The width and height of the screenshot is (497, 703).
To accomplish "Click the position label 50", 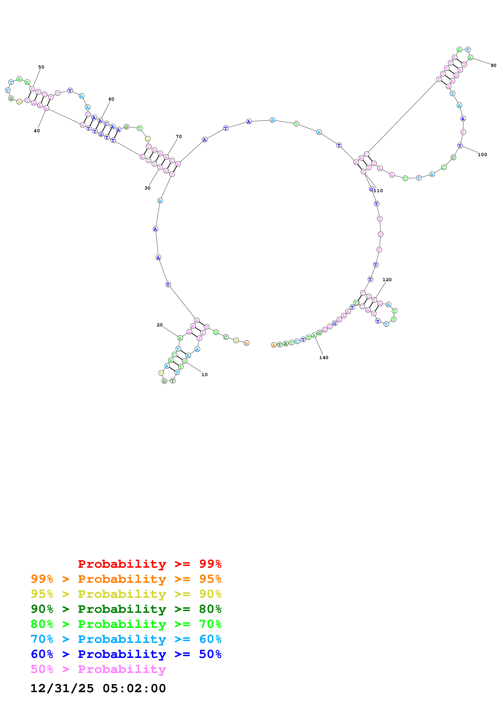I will point(41,67).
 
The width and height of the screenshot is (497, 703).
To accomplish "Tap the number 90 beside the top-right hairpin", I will point(493,65).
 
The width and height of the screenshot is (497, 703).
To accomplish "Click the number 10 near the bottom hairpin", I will point(204,375).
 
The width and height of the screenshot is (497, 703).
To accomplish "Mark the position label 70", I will point(178,136).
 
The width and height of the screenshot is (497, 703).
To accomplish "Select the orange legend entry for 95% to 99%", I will point(126,579).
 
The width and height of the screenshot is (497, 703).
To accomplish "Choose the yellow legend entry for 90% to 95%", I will point(126,594).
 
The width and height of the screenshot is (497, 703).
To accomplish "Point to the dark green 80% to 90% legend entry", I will point(126,609).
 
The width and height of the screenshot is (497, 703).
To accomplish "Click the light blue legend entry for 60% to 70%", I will point(126,639).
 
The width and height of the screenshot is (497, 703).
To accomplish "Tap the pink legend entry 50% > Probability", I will point(98,669).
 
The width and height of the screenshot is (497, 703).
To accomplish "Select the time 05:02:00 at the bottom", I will point(134,688).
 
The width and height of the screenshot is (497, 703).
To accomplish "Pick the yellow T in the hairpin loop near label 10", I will point(161,373).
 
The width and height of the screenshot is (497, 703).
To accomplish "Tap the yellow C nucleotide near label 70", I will point(148,139).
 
